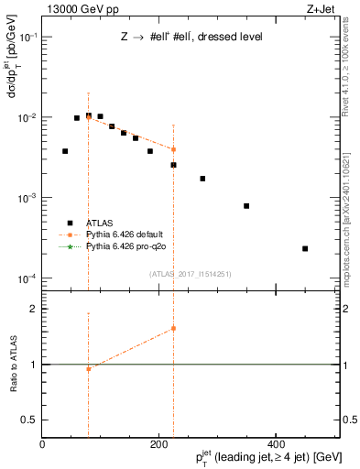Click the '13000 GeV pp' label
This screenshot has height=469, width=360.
point(78,11)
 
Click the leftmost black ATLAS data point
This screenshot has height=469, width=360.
point(65,151)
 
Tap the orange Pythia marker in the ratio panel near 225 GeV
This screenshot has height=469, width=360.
point(173,328)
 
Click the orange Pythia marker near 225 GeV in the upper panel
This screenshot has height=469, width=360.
point(173,149)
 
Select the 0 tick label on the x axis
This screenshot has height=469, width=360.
point(42,444)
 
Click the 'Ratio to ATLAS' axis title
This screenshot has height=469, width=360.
point(13,365)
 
